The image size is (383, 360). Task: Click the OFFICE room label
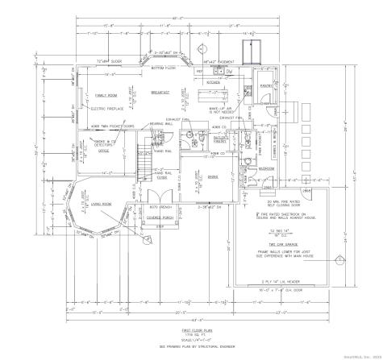click(x=103, y=151)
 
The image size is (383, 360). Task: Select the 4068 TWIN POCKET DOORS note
click(x=106, y=126)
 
